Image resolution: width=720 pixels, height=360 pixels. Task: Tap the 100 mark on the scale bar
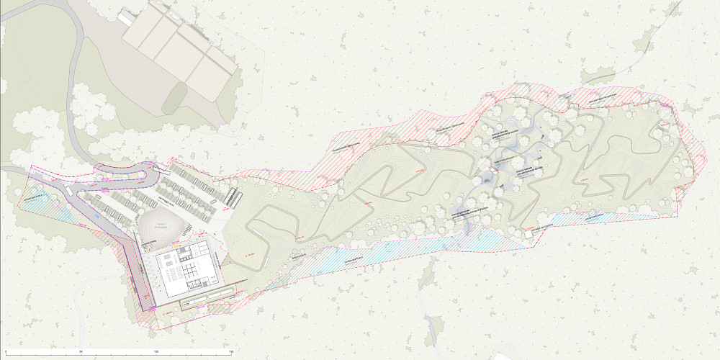point(157,352)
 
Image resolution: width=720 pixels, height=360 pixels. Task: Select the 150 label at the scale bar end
point(231,352)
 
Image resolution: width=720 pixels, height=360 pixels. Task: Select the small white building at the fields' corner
point(127,16)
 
